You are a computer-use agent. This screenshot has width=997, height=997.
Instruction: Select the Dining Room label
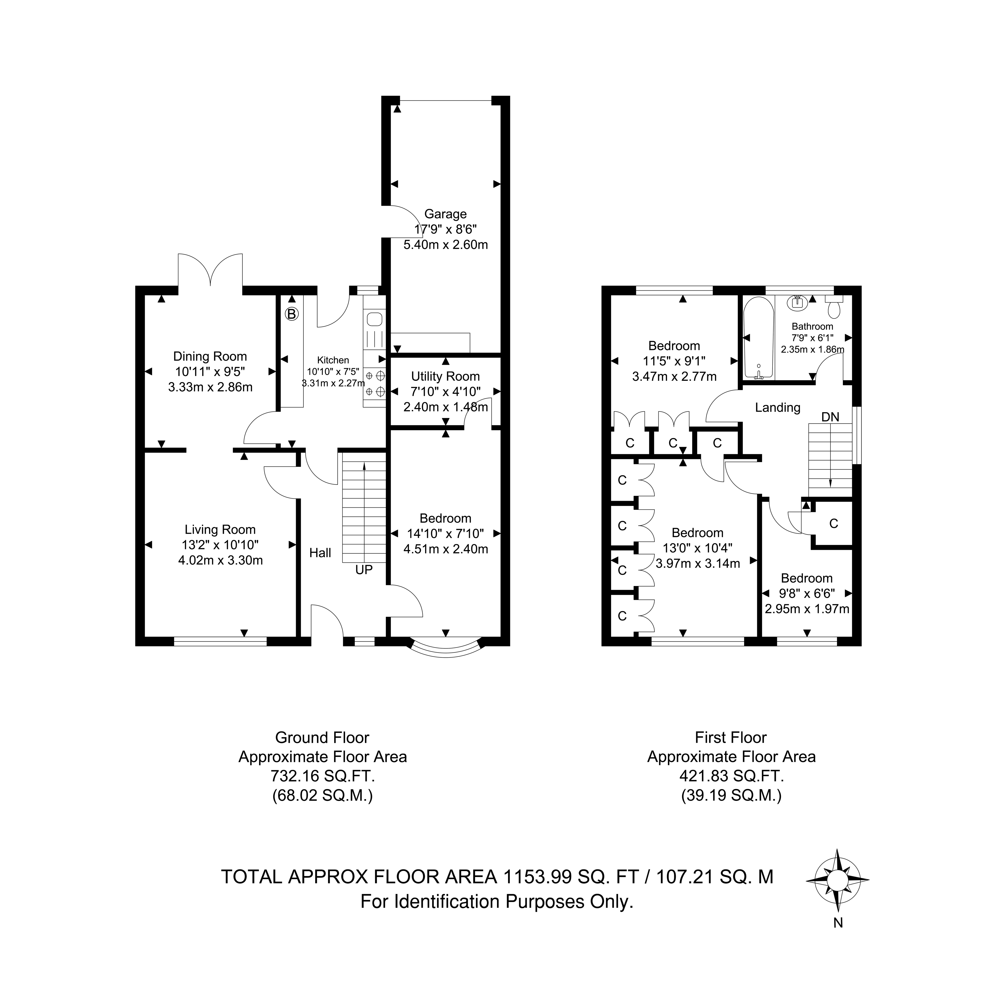(x=210, y=356)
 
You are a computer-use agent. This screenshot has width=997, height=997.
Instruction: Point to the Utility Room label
(x=445, y=376)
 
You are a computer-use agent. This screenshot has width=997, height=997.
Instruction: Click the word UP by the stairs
(x=364, y=570)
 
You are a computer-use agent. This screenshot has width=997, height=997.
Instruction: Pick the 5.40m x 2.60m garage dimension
(x=445, y=245)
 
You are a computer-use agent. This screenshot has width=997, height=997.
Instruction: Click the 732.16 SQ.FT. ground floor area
(x=322, y=776)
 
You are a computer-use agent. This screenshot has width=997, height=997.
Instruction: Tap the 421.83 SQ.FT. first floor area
(x=731, y=776)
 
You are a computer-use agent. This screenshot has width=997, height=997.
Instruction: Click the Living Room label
(x=220, y=529)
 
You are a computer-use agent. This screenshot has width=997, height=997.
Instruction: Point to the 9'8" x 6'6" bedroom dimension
(x=807, y=593)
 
